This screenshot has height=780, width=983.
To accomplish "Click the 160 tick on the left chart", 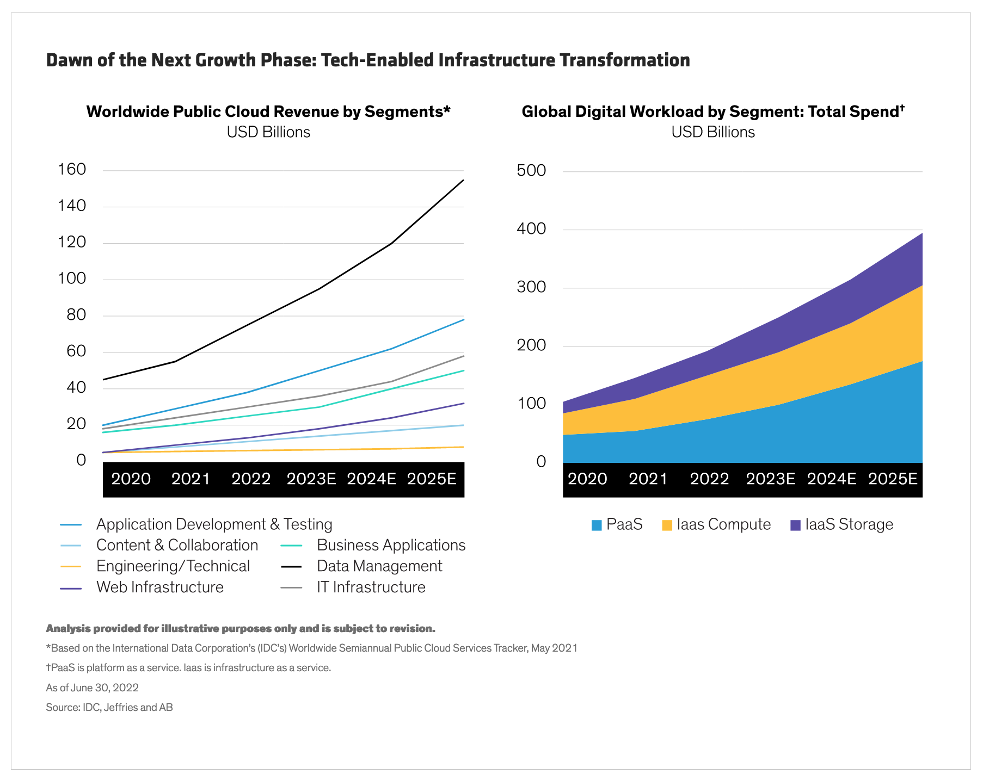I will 72,170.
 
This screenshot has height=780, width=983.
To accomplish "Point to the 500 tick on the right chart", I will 531,171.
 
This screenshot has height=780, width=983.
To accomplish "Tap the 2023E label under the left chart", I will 311,479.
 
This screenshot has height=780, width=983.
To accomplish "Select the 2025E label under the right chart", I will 893,479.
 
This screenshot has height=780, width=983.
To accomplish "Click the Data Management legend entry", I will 379,566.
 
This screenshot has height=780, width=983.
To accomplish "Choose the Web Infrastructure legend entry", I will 159,587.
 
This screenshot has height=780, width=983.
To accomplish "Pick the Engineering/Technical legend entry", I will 173,566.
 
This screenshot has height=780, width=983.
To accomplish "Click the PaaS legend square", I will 597,525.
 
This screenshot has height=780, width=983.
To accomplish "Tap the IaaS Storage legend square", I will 795,525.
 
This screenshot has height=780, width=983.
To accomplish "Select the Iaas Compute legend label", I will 723,525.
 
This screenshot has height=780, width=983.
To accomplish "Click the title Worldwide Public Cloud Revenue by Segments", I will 268,112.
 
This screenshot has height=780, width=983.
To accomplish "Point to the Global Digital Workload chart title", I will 712,112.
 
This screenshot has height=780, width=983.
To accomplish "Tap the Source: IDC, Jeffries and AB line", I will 109,708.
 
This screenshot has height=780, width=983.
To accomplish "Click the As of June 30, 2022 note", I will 92,688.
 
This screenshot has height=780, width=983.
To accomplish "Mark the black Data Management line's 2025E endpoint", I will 463,180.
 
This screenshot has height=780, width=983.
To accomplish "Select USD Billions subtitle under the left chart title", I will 268,132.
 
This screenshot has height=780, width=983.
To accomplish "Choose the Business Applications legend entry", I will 391,546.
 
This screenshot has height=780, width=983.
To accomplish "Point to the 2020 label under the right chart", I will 587,479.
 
